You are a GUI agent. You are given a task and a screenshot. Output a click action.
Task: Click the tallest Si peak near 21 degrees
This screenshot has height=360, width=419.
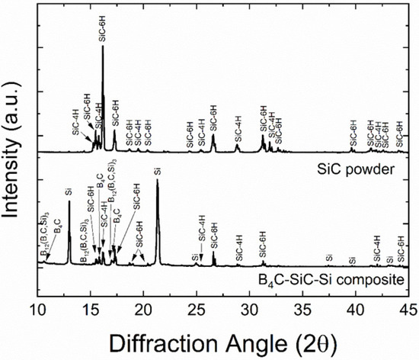click(x=158, y=183)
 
